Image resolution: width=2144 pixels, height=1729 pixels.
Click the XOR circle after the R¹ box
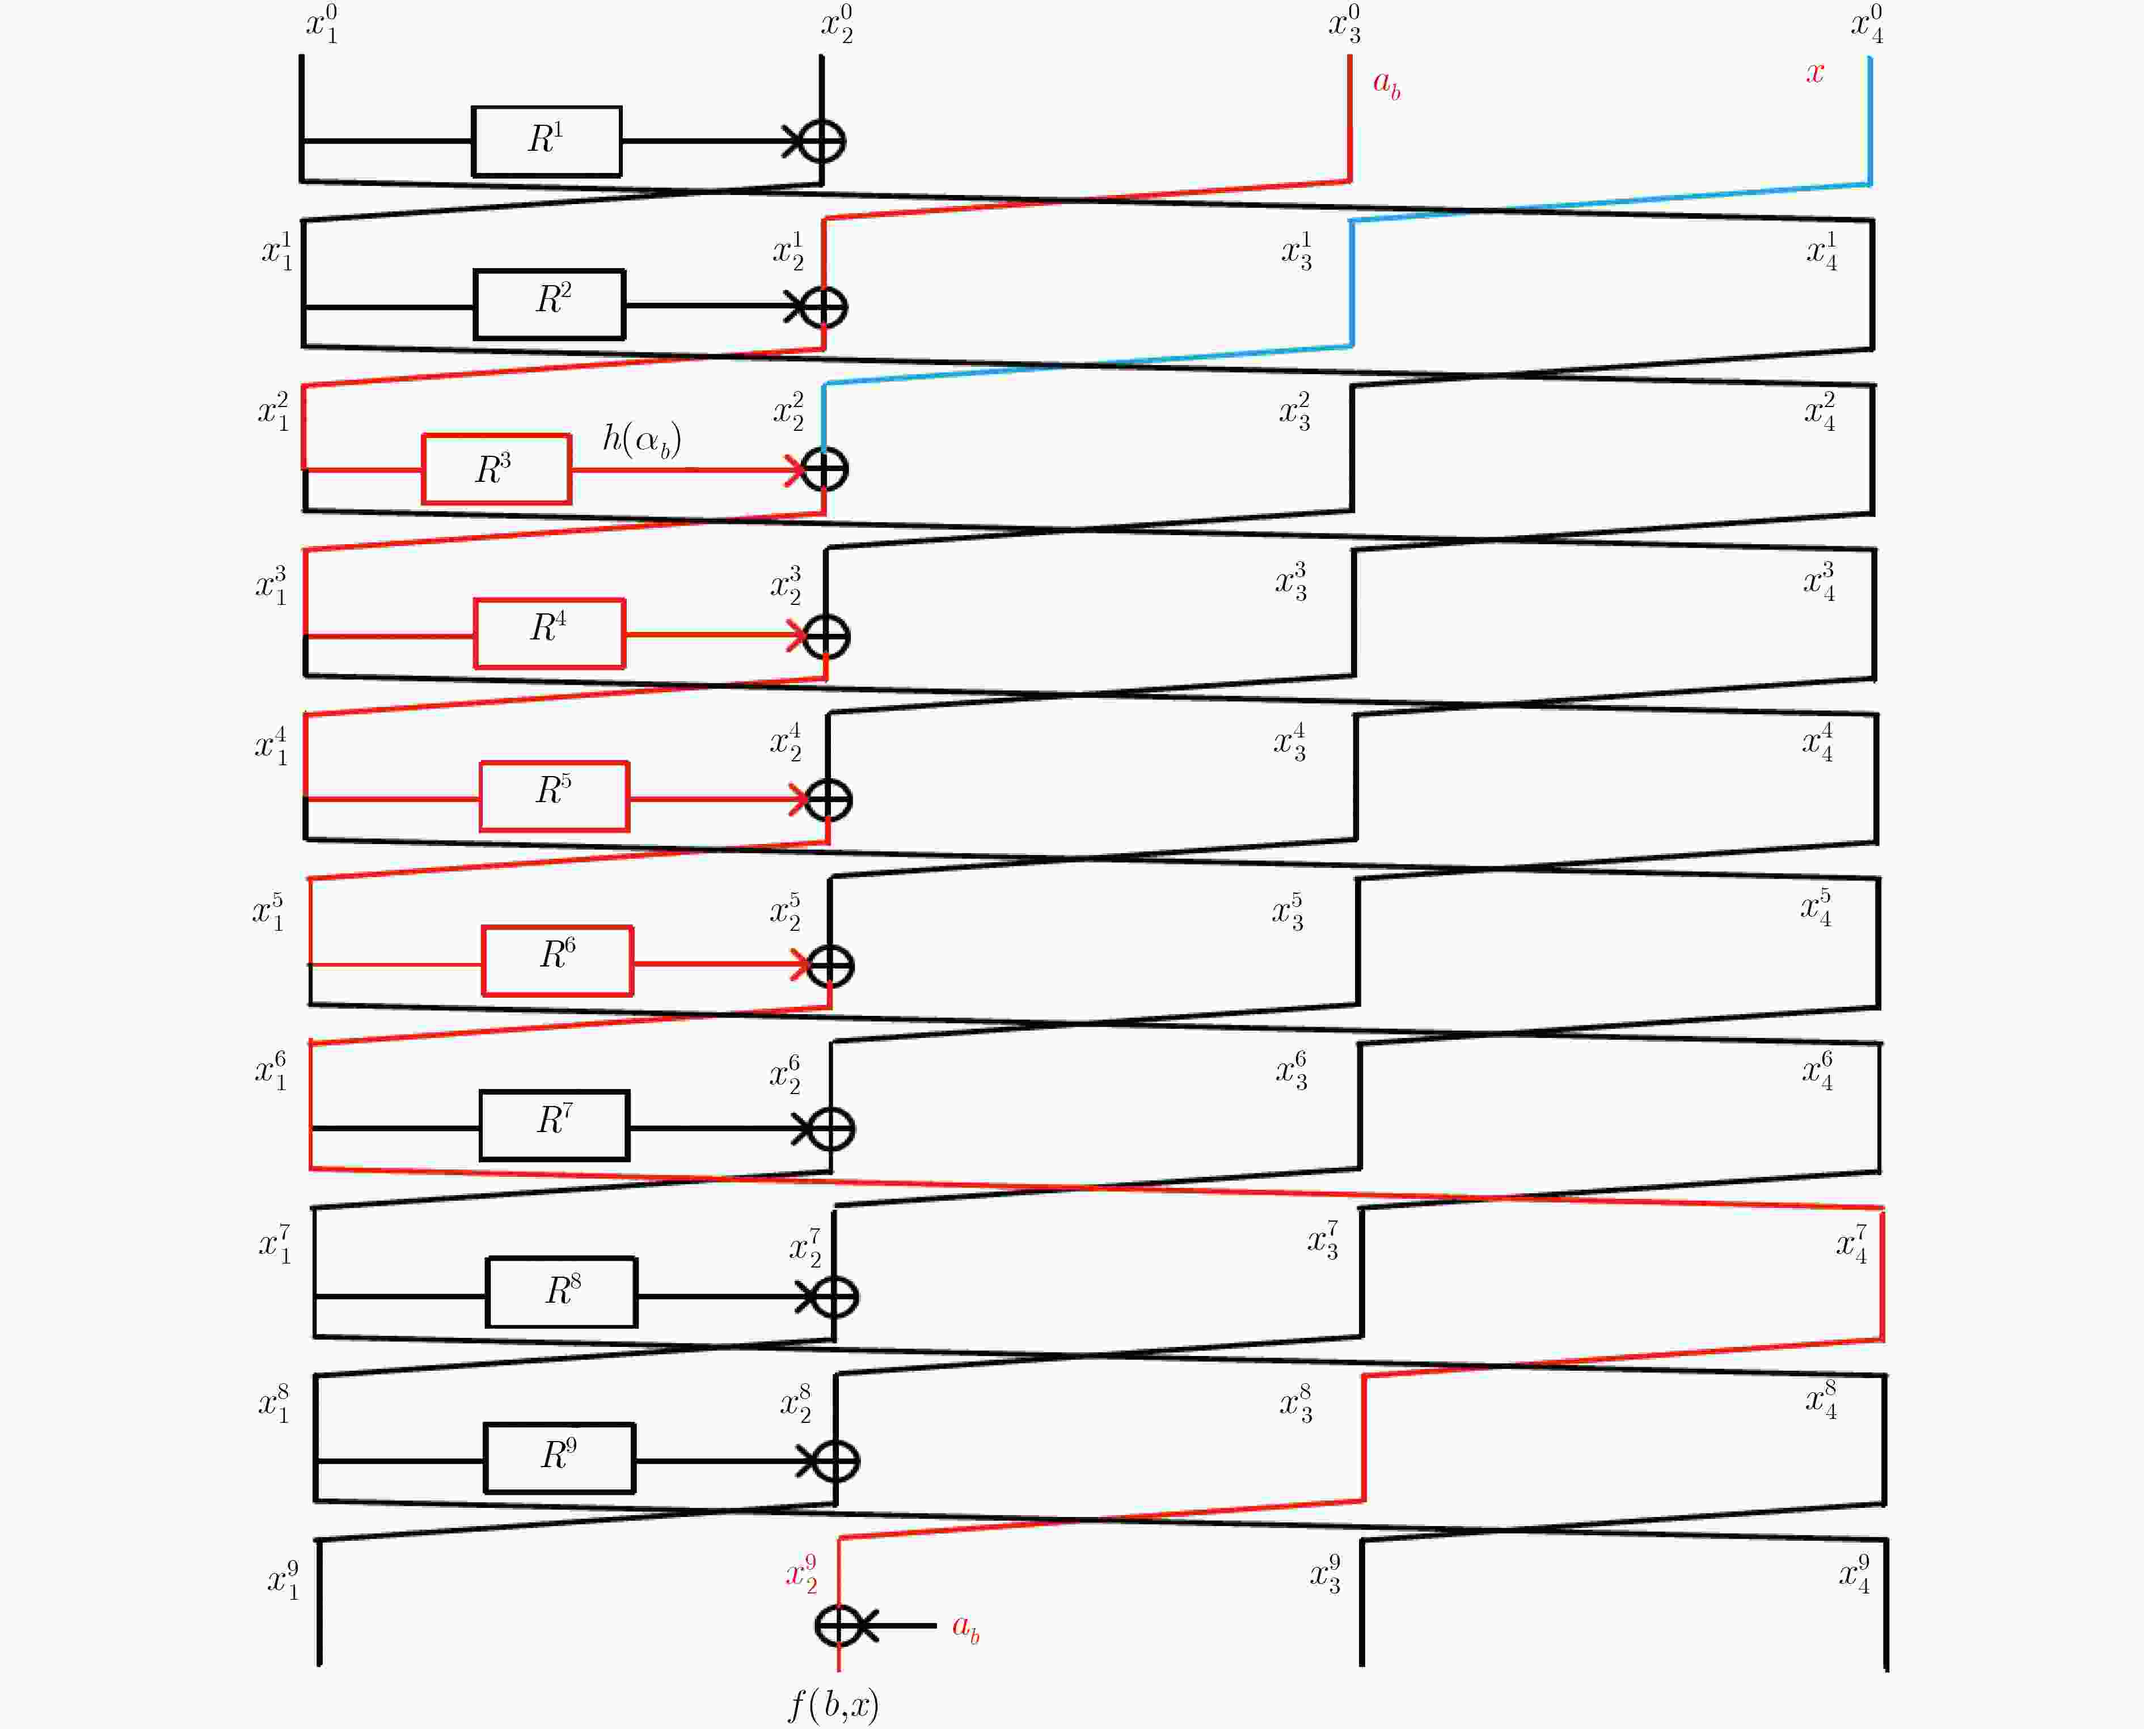tap(822, 141)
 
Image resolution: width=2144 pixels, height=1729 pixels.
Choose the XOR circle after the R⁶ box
tap(830, 965)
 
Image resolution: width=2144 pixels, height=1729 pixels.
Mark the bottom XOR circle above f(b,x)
tap(839, 1625)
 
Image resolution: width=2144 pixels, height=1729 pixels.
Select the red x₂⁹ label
tap(801, 1574)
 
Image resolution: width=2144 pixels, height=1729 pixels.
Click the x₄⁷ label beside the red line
tap(1852, 1244)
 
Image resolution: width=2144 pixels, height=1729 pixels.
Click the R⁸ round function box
tap(562, 1292)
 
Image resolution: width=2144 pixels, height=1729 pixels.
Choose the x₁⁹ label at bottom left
tap(283, 1579)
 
